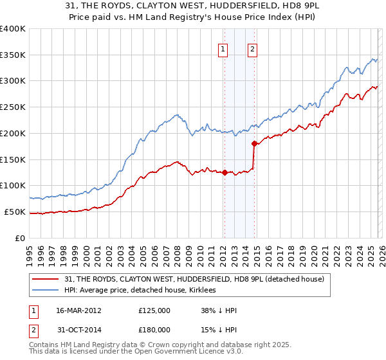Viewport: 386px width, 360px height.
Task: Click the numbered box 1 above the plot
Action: pos(223,49)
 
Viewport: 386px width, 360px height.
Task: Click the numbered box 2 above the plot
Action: pos(253,49)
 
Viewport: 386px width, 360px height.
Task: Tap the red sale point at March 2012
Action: pos(225,172)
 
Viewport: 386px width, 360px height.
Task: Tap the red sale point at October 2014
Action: pos(255,143)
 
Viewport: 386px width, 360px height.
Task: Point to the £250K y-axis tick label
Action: pos(13,107)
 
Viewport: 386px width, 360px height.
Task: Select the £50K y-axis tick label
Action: pos(15,212)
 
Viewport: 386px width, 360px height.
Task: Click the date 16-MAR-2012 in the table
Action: pos(78,310)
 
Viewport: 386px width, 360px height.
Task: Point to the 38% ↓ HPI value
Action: pos(219,310)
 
